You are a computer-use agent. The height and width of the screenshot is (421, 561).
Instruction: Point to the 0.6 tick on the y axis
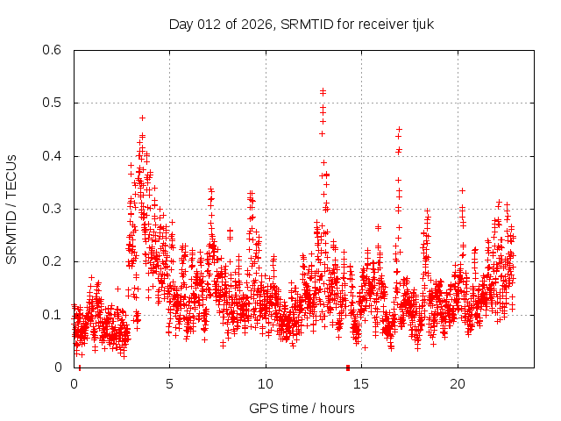(54, 51)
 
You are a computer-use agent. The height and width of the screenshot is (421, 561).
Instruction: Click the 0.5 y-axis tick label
(54, 103)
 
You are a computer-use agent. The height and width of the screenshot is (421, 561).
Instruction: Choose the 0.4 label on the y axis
(54, 156)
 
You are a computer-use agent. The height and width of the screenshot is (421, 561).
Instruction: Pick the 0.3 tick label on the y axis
(54, 209)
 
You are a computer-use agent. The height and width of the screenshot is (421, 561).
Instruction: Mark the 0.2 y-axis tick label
(54, 261)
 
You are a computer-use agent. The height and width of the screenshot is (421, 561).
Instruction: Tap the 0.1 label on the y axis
(54, 314)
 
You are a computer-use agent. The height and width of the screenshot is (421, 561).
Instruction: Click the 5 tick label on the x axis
(169, 384)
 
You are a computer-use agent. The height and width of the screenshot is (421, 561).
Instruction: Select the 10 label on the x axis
(265, 384)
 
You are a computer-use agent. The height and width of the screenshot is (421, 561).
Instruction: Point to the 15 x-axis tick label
(360, 384)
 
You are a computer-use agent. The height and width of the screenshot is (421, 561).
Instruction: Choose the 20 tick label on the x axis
(456, 384)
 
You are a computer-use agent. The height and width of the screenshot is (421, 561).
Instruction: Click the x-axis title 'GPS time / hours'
(302, 408)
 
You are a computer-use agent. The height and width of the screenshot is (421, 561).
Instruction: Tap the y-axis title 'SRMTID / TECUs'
(12, 209)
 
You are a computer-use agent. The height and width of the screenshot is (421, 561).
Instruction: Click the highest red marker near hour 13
(323, 90)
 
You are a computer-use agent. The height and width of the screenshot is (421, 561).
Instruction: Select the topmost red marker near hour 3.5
(142, 118)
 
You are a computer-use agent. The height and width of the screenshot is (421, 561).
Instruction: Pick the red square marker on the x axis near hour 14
(348, 367)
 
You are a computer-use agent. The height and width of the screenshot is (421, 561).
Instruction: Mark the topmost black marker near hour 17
(399, 129)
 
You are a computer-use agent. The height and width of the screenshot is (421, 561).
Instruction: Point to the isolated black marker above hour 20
(462, 190)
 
